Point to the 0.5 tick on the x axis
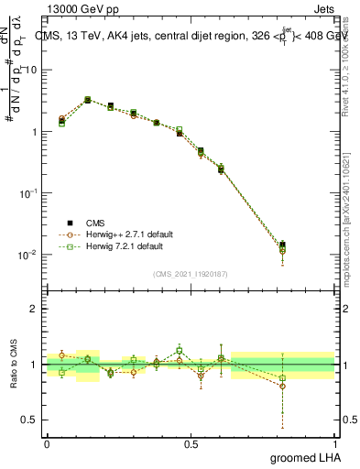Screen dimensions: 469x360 (191, 442)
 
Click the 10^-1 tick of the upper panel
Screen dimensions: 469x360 (27, 193)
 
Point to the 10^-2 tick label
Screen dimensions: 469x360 (27, 255)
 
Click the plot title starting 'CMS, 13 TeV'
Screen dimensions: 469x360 (192, 38)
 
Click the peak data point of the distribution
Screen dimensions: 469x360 (87, 100)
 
